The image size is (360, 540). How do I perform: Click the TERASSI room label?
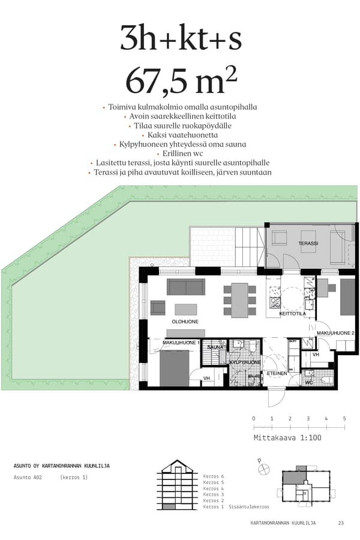[308, 244]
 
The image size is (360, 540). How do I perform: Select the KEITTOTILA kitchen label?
[292, 314]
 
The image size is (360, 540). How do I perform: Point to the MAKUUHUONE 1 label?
[181, 342]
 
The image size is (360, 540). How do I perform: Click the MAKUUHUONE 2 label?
[335, 333]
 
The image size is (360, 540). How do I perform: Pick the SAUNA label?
[215, 347]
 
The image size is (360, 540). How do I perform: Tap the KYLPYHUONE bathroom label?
[244, 363]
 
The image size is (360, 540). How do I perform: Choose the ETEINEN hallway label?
[277, 373]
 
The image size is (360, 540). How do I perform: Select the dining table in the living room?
[239, 300]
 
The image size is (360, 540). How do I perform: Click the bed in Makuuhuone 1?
[175, 367]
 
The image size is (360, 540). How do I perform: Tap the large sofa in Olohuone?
[185, 287]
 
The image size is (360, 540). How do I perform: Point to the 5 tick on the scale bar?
[344, 418]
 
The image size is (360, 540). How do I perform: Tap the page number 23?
[341, 523]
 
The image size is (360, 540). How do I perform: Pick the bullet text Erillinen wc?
[180, 154]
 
